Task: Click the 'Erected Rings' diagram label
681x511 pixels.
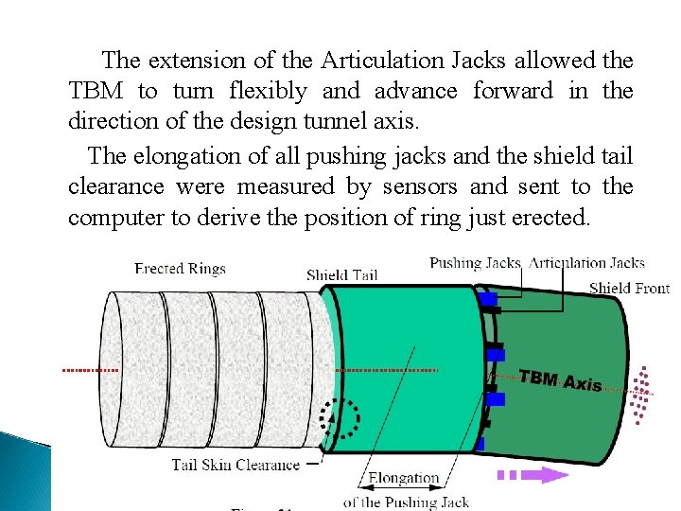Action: tap(180, 269)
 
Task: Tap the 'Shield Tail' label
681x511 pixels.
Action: tap(341, 275)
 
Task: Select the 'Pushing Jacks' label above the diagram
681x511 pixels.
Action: tap(475, 262)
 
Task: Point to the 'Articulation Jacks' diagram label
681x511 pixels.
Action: tap(586, 262)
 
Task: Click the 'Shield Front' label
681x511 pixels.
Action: tap(629, 288)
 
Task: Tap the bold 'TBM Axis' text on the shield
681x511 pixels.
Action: tap(560, 380)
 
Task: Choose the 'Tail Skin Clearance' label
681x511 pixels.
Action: tap(236, 465)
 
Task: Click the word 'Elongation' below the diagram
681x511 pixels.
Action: tap(404, 478)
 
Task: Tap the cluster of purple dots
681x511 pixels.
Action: tap(643, 393)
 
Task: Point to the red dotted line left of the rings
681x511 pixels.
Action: tap(90, 370)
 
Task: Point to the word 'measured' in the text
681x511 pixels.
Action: tap(280, 186)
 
